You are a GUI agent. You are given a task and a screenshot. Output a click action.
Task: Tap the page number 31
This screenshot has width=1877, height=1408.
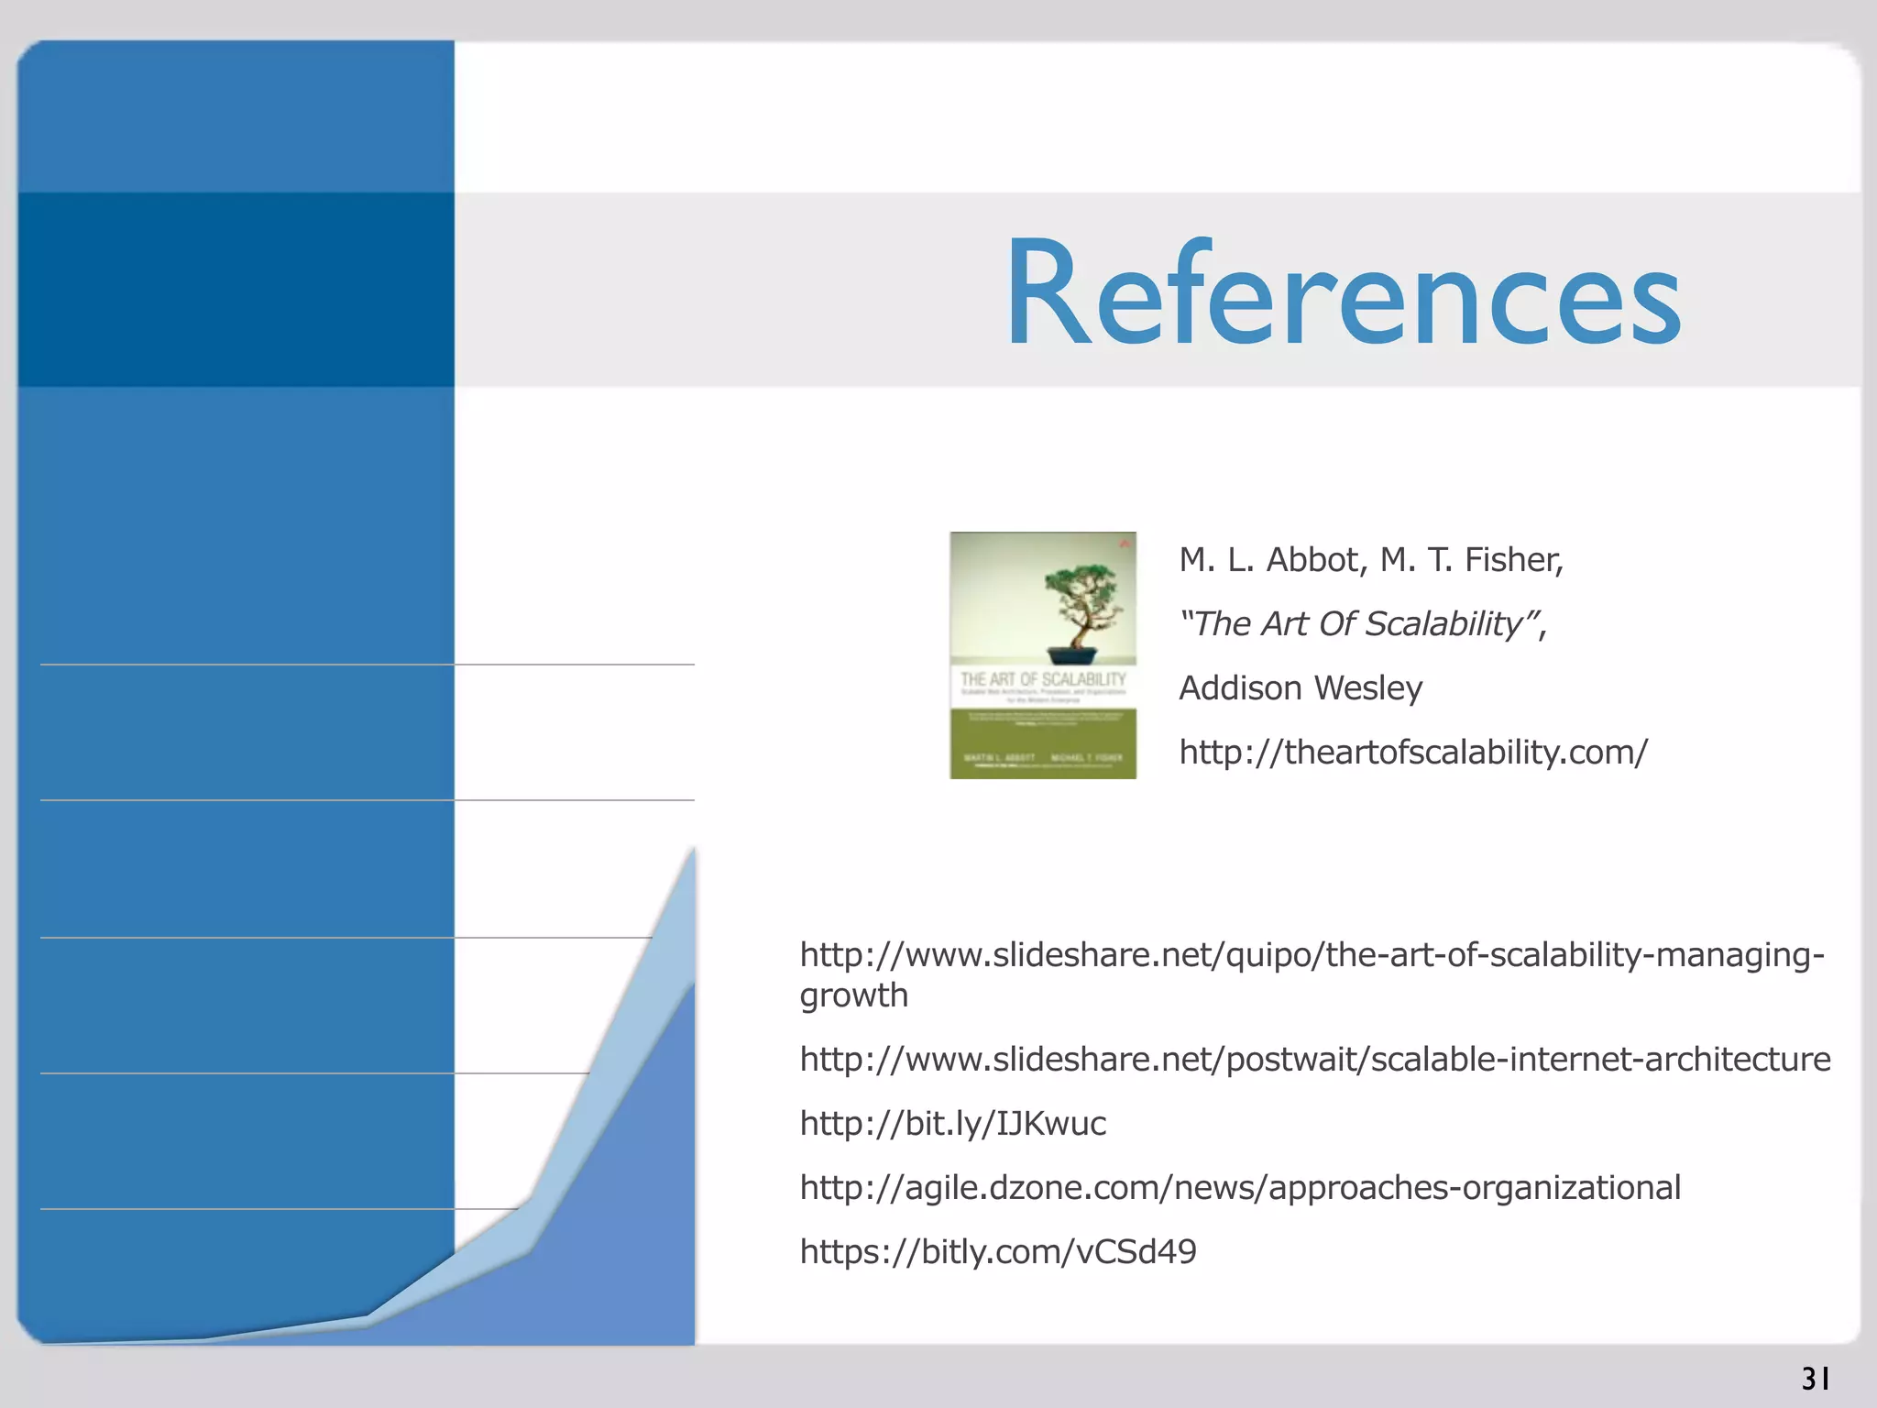tap(1816, 1379)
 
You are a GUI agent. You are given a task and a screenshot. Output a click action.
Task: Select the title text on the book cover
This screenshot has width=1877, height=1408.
tap(1043, 679)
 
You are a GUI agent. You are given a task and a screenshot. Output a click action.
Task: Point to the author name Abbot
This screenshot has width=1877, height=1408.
tap(1316, 559)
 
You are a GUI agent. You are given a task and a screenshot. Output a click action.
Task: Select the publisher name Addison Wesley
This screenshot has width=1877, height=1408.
tap(1301, 687)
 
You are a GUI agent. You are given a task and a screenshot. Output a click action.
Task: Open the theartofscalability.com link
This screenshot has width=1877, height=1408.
tap(1413, 752)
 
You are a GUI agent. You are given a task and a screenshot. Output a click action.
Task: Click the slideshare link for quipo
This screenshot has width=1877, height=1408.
tap(1312, 955)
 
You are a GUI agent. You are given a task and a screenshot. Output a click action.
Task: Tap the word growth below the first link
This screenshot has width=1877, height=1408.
tap(853, 995)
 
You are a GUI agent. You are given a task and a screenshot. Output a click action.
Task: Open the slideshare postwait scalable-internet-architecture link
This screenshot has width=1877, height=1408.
tap(1315, 1060)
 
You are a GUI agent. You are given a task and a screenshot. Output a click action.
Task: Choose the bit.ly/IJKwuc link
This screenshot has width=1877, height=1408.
tap(953, 1124)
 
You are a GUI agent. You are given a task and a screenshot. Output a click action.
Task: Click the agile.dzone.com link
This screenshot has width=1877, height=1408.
tap(1240, 1188)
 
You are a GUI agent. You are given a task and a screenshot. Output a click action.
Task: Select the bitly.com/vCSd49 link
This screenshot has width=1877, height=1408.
tap(998, 1252)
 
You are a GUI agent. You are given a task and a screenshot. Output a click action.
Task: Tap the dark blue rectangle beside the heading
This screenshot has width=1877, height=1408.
tap(236, 290)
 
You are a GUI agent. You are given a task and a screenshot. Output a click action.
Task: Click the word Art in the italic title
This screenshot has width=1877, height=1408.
tap(1285, 623)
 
